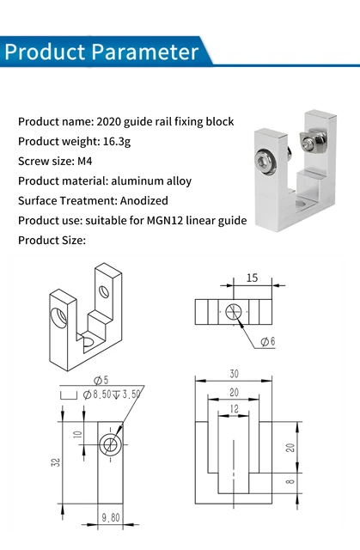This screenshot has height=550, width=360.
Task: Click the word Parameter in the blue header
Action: (145, 52)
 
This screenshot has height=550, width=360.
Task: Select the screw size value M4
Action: (88, 161)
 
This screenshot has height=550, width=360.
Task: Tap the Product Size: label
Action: (52, 241)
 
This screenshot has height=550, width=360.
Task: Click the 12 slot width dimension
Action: (234, 410)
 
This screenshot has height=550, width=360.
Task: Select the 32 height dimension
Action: (55, 461)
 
